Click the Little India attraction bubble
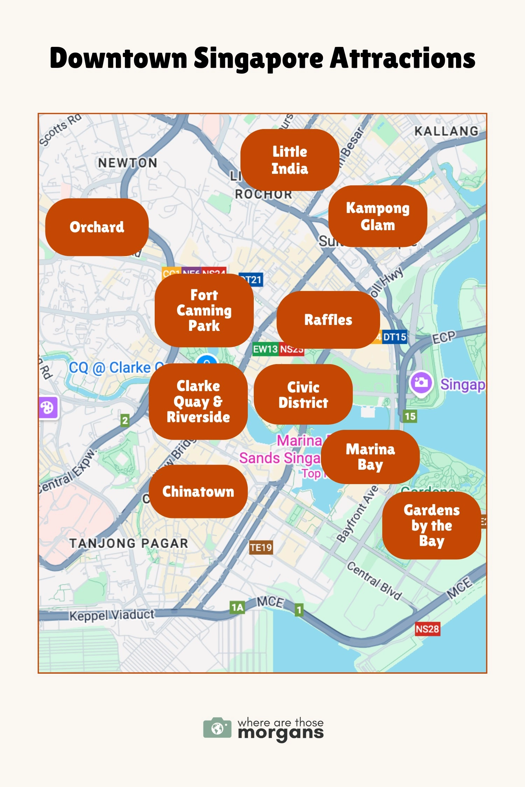(x=289, y=160)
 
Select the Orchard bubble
(x=97, y=227)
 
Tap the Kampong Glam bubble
(x=378, y=216)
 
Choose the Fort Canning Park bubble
(x=204, y=310)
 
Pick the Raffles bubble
(x=328, y=320)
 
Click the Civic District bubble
(x=303, y=395)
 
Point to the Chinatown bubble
(x=198, y=491)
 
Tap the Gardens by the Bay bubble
(x=432, y=525)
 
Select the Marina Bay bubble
(x=370, y=457)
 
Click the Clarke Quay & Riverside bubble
(x=198, y=401)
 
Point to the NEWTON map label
(x=127, y=163)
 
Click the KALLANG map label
(x=446, y=131)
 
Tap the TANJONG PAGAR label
(x=129, y=543)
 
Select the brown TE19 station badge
(x=261, y=547)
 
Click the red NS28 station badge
(x=427, y=629)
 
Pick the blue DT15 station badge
(x=394, y=337)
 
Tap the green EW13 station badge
(x=265, y=349)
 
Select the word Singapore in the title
(x=259, y=58)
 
